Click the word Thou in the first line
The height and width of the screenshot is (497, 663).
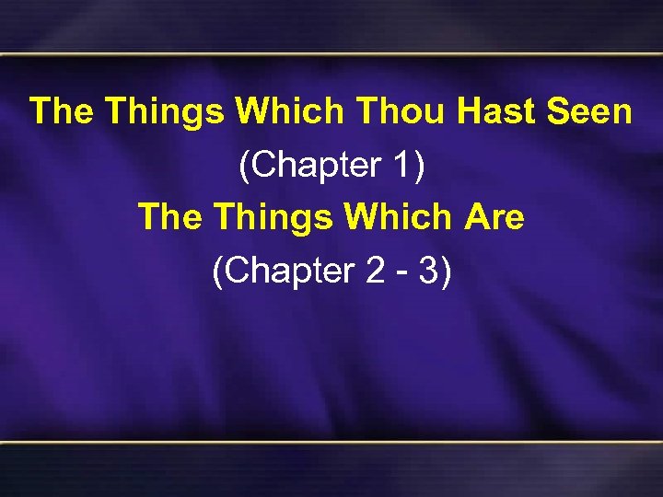pyautogui.click(x=401, y=112)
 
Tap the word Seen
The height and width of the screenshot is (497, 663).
pyautogui.click(x=589, y=112)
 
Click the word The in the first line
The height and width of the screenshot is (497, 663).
pyautogui.click(x=62, y=112)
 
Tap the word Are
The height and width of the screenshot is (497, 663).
pyautogui.click(x=494, y=219)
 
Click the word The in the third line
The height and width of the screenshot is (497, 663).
pyautogui.click(x=169, y=219)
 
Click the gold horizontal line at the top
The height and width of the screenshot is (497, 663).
pyautogui.click(x=331, y=56)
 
